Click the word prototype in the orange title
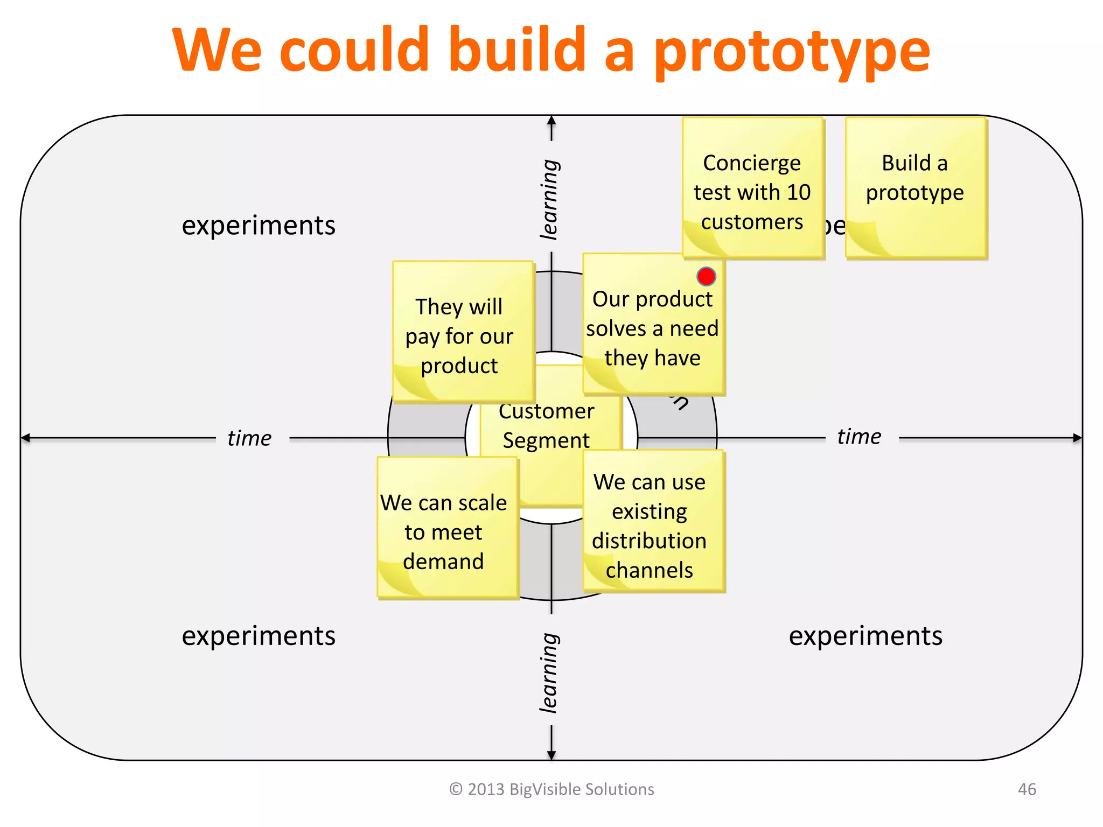[x=792, y=51]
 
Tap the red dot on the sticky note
[x=706, y=277]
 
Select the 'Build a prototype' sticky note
[x=916, y=187]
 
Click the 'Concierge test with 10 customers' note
[x=752, y=192]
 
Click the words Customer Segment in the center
[x=546, y=426]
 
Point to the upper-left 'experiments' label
[x=259, y=225]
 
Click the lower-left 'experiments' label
[x=259, y=636]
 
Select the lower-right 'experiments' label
[x=865, y=636]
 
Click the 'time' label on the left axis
[x=249, y=438]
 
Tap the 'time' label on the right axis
[x=860, y=437]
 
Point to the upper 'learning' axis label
[x=550, y=199]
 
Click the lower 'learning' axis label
[x=550, y=673]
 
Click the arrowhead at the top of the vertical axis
[x=551, y=121]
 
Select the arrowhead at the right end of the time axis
[x=1077, y=438]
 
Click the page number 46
[x=1027, y=789]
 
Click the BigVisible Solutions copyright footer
[x=551, y=789]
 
